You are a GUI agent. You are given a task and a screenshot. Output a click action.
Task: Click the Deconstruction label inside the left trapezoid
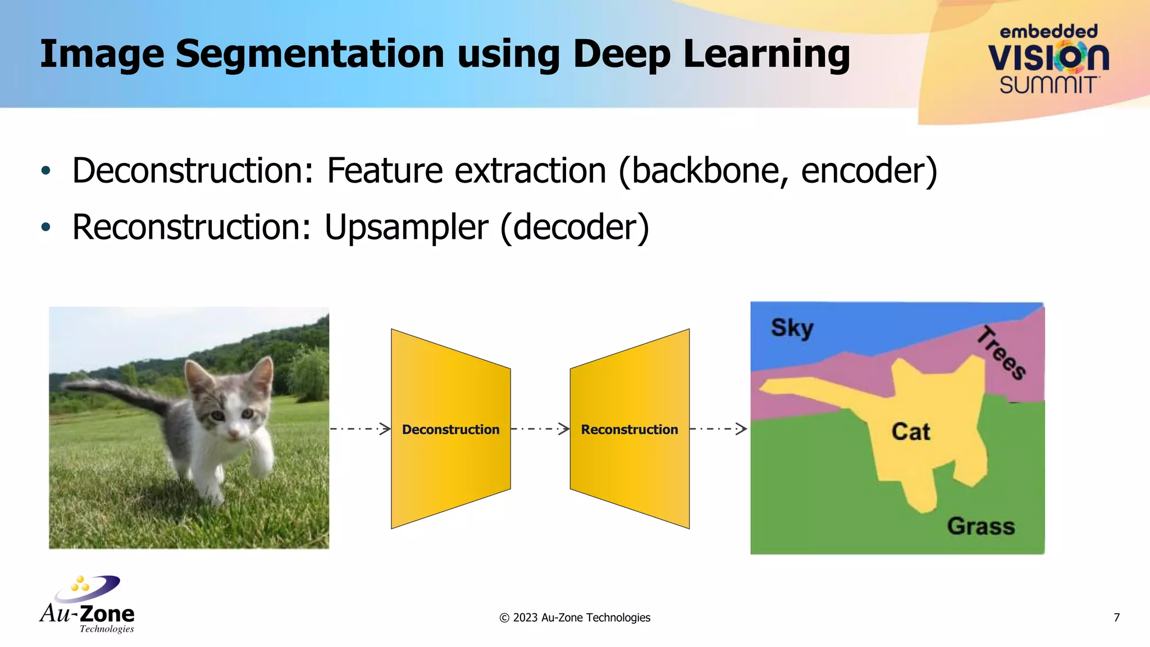pos(450,430)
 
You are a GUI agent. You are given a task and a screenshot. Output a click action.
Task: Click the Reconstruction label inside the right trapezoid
pos(629,430)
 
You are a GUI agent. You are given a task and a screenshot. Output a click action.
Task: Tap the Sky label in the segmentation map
pos(792,328)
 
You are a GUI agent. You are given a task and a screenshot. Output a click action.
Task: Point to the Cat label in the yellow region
pos(911,432)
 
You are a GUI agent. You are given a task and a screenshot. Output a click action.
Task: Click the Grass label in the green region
pos(981,526)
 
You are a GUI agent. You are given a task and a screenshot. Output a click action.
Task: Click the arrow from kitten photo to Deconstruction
pos(360,429)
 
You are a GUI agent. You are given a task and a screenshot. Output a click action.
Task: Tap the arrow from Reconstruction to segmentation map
pos(718,429)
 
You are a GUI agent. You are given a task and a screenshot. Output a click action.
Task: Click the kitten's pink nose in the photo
pos(235,433)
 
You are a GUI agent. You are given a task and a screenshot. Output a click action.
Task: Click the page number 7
pos(1116,618)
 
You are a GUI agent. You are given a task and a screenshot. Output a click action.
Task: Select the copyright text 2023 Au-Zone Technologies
pos(575,618)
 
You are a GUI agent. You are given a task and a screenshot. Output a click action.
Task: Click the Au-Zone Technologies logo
pos(88,605)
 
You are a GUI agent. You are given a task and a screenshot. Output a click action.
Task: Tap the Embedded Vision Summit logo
pos(1048,60)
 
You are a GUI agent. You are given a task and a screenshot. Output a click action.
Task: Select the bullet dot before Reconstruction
pos(46,227)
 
